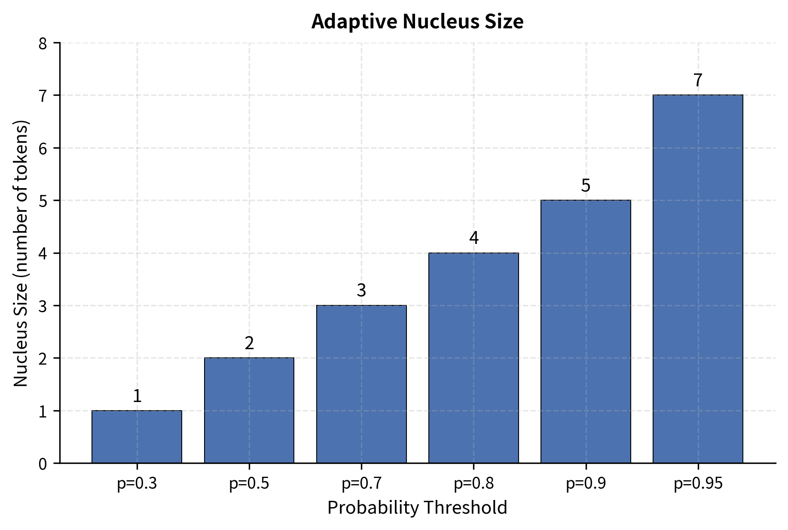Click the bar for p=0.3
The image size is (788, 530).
tap(137, 437)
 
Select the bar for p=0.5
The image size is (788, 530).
tap(249, 410)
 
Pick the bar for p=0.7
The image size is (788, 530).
tap(361, 384)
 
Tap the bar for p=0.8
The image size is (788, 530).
tap(473, 358)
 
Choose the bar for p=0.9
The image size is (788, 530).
tap(586, 332)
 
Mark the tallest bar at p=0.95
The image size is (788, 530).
tap(698, 279)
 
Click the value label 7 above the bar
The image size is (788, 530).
tap(698, 80)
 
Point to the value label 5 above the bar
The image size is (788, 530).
tap(586, 186)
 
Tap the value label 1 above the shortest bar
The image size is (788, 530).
tap(137, 396)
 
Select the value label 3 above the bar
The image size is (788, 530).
tap(361, 291)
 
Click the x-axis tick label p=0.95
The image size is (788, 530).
tap(698, 484)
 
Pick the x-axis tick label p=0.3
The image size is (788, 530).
tap(137, 484)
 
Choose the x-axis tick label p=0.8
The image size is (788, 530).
tap(473, 484)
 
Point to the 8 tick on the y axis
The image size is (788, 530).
tap(43, 43)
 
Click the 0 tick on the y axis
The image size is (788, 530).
tap(43, 464)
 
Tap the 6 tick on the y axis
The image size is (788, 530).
tap(43, 149)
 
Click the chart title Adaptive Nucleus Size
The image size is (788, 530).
tap(417, 22)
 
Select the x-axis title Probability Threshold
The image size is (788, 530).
tap(417, 508)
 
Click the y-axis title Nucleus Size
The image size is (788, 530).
tap(21, 253)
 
